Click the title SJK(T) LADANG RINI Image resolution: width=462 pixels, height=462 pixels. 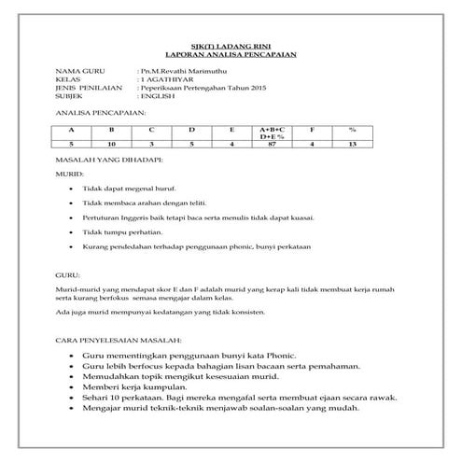point(230,46)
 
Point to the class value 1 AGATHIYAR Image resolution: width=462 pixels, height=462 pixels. point(163,79)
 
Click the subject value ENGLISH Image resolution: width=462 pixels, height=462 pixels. point(156,96)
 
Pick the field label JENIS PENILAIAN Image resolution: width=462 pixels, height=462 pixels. point(89,88)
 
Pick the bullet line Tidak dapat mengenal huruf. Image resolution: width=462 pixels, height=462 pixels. point(129,189)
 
